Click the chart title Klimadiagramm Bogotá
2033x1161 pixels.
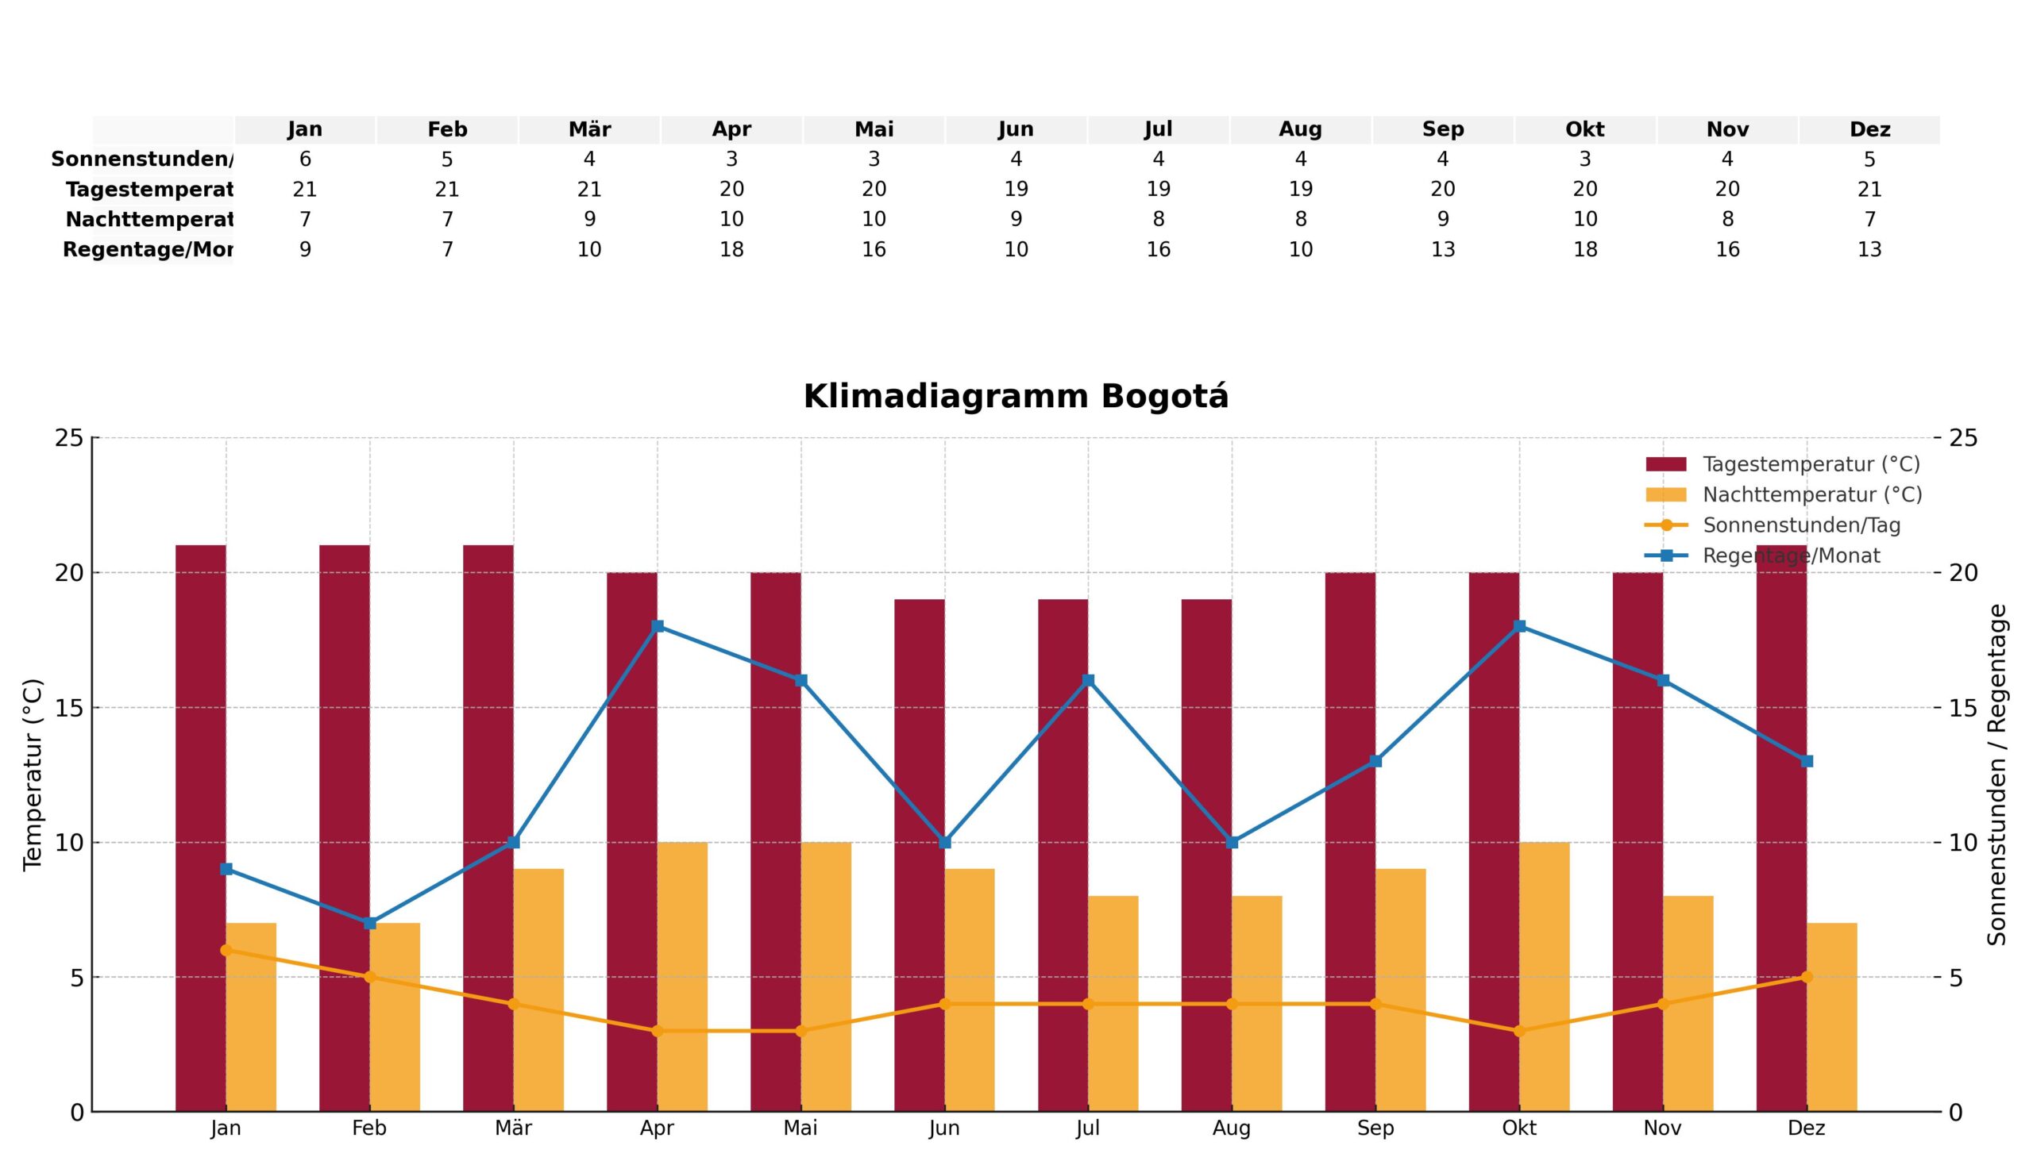click(1015, 397)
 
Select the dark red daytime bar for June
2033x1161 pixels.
click(919, 853)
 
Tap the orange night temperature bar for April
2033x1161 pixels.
click(682, 976)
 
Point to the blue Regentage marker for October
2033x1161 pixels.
click(1519, 626)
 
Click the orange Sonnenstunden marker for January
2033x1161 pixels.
click(226, 950)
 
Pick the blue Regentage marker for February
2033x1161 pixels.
click(369, 923)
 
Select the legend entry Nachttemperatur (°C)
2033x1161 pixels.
click(1811, 495)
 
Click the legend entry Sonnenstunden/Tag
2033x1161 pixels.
click(1801, 525)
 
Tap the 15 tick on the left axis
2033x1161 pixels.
click(69, 707)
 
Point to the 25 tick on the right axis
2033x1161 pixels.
click(1964, 438)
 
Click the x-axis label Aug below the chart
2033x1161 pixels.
click(1231, 1128)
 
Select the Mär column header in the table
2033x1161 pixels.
click(588, 129)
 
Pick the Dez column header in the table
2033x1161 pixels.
click(1869, 129)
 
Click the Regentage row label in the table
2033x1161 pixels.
click(148, 250)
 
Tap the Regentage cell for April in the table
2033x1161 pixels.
click(731, 250)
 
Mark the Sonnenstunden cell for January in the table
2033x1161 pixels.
click(305, 160)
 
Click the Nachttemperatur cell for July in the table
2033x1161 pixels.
click(1158, 219)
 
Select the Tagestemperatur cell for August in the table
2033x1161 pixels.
click(1300, 189)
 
